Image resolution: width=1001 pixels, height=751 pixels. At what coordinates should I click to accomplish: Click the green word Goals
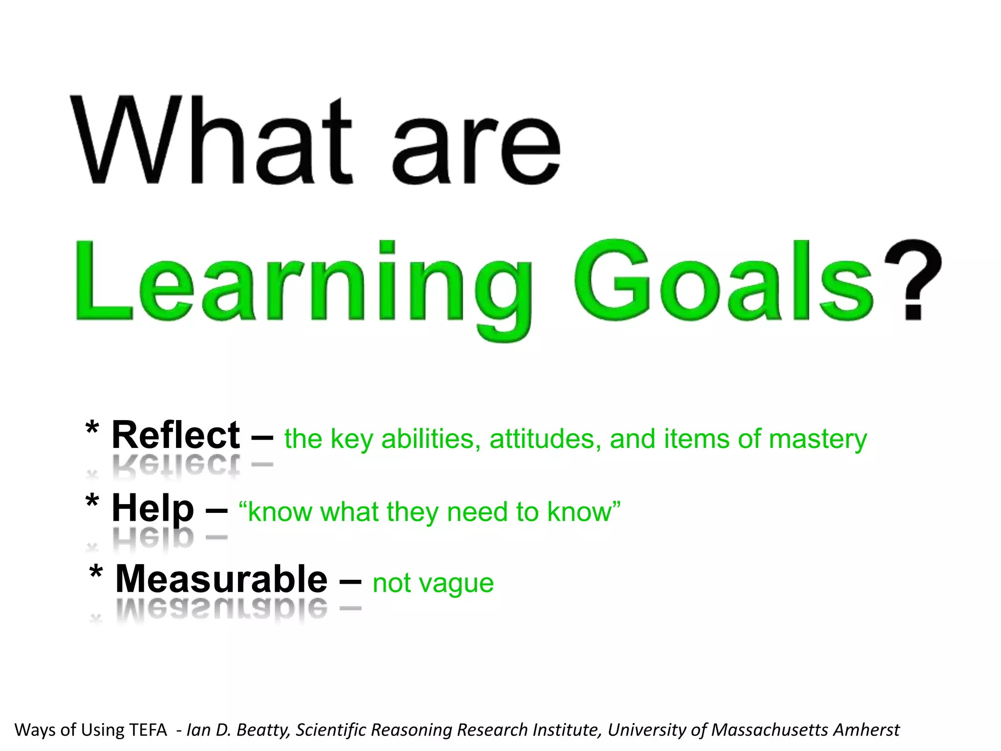pos(723,281)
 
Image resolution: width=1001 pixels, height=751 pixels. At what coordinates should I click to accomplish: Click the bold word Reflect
pos(175,435)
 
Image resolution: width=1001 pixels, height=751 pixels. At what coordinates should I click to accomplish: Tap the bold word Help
pos(152,508)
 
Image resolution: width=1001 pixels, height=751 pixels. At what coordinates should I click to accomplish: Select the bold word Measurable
pos(221,579)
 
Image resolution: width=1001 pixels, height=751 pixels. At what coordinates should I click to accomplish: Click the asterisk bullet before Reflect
pos(92,429)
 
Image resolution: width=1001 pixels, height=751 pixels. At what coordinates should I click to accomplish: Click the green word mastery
pos(818,439)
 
